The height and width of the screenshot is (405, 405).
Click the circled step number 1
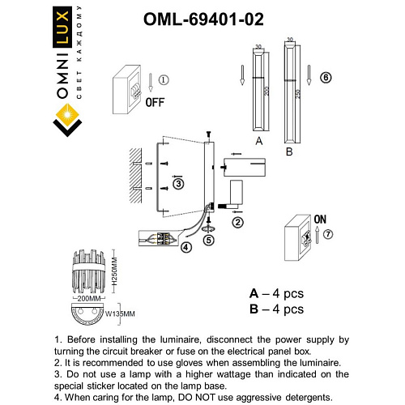(163, 80)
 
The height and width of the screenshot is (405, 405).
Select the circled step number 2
(238, 221)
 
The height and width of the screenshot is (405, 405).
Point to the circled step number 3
(178, 185)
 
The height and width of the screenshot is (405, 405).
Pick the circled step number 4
(186, 247)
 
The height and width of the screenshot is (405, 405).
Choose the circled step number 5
(209, 240)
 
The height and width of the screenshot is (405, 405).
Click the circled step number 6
(326, 78)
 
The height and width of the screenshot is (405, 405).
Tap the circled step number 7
(328, 235)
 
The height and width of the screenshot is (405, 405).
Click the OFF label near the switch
(155, 103)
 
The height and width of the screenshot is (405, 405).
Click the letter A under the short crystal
(258, 140)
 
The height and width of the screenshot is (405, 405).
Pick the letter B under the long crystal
(289, 151)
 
